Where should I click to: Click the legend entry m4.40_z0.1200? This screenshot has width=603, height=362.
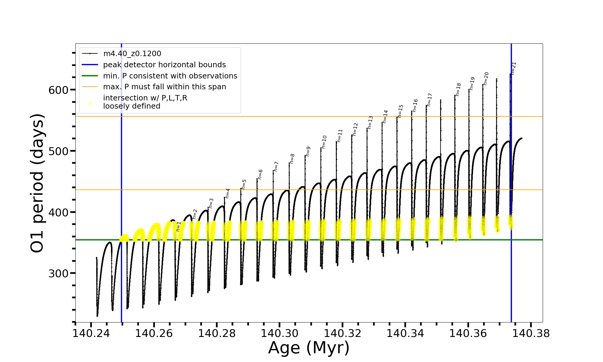(132, 54)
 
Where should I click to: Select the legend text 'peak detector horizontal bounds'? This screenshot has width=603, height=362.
(164, 65)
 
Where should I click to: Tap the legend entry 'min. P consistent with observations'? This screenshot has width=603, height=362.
(170, 76)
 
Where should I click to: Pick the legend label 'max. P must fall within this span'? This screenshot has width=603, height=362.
(164, 87)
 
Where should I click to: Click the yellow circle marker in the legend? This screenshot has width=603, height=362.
(90, 103)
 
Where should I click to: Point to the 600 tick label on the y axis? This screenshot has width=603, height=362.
(58, 90)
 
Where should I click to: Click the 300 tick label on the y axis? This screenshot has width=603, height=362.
(58, 273)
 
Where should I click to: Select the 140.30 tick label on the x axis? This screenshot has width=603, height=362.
(279, 333)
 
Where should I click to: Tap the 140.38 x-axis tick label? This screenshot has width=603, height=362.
(531, 333)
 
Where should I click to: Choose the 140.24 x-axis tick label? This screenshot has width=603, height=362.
(91, 333)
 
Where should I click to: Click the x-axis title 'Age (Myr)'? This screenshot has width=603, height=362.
(309, 348)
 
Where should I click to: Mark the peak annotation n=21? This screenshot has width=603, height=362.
(514, 68)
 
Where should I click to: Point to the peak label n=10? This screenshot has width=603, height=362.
(324, 142)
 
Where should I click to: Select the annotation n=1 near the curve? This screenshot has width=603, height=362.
(178, 227)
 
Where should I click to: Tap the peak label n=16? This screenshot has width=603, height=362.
(415, 106)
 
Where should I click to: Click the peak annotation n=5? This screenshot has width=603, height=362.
(244, 184)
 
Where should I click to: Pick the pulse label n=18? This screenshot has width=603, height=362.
(458, 90)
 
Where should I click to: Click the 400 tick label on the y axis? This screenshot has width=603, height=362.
(58, 212)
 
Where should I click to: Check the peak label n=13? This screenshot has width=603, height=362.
(370, 122)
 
